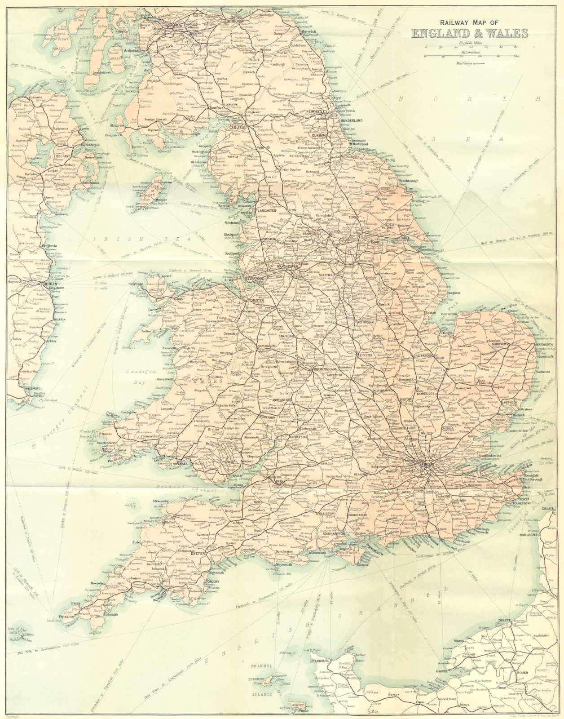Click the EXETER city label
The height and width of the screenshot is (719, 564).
198,554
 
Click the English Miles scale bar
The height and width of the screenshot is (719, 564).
471,46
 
